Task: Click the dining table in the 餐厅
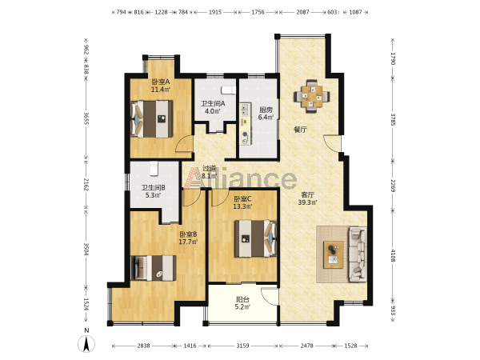[312, 96]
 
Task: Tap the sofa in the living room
[358, 254]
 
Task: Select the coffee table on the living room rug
[334, 254]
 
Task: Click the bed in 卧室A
[151, 118]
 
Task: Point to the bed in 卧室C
[255, 238]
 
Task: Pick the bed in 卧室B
[154, 268]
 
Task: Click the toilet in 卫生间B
[154, 169]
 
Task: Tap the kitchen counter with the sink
[246, 124]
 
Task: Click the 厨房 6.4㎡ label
[266, 114]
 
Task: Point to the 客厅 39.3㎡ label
[308, 198]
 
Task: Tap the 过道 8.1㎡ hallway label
[210, 172]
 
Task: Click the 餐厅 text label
[300, 130]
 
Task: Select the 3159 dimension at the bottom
[242, 346]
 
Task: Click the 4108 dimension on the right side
[393, 254]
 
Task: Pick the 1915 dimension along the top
[215, 12]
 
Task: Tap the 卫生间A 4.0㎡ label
[213, 107]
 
